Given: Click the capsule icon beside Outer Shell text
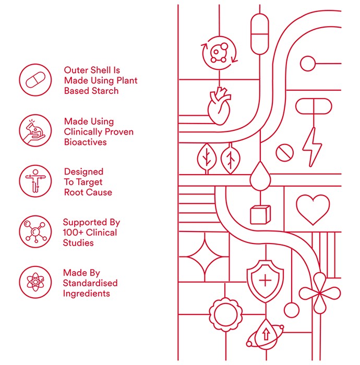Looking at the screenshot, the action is [x=35, y=80].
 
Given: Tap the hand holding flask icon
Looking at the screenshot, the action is [x=35, y=130].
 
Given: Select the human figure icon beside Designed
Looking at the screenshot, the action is [x=35, y=181].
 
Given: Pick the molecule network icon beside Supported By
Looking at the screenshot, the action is [x=35, y=232].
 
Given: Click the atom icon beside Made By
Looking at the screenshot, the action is [x=35, y=282].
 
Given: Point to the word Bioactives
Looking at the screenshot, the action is [x=85, y=142].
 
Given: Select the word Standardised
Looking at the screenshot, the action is [x=90, y=283].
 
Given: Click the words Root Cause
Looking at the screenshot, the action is [x=88, y=192].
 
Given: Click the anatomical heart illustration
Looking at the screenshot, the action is [x=219, y=106].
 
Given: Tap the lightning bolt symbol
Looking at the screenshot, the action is [x=312, y=147].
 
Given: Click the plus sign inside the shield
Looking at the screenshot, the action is [x=265, y=281].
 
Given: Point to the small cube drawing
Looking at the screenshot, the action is [x=260, y=215].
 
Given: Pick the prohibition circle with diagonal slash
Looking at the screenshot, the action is [x=284, y=153].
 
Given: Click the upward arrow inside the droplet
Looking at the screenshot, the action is [x=266, y=334].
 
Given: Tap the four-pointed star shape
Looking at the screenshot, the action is [x=205, y=257].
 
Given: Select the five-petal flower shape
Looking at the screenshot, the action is [x=320, y=293].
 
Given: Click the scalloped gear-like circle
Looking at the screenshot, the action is [x=225, y=314].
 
